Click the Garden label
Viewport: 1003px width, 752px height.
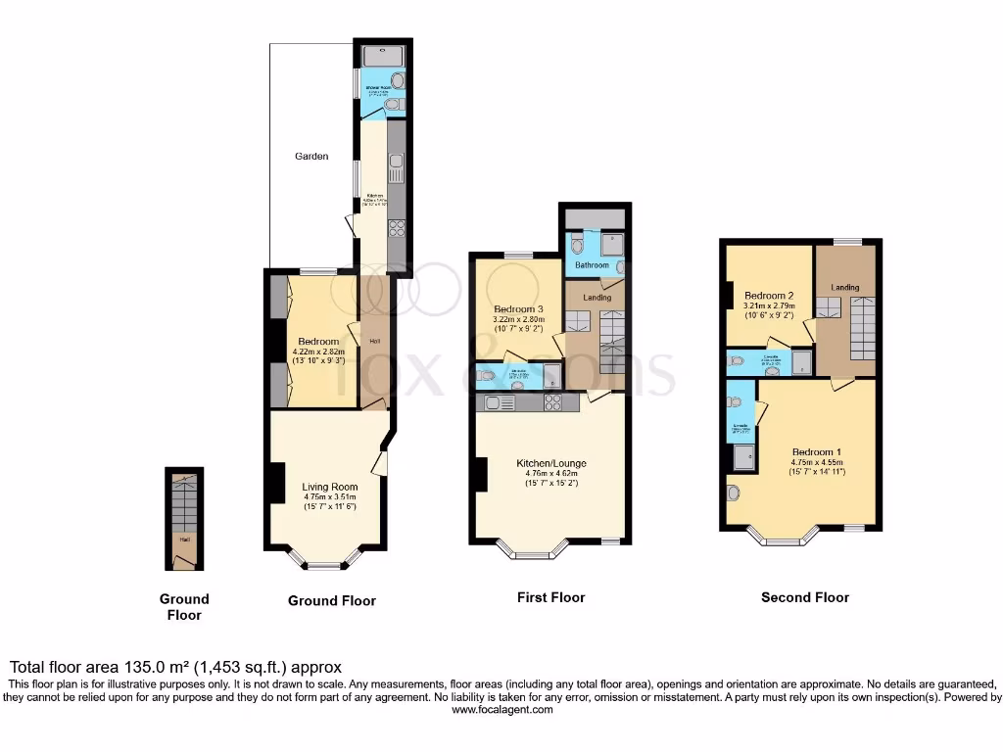tap(313, 156)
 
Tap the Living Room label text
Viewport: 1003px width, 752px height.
tap(329, 487)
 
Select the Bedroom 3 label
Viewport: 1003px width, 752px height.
tap(517, 308)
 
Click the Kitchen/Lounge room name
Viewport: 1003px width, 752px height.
tap(550, 463)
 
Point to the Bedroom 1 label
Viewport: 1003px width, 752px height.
tap(816, 451)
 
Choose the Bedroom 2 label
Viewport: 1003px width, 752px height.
tap(769, 296)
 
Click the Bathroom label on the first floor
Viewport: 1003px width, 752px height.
tap(592, 265)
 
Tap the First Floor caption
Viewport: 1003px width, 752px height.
tap(550, 597)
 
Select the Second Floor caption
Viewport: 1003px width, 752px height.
tap(805, 597)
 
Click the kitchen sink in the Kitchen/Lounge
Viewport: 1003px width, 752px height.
tap(493, 402)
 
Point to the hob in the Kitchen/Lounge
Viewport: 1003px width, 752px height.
tap(552, 402)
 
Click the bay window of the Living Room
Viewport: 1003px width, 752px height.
tap(323, 562)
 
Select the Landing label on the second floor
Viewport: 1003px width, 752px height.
tap(845, 287)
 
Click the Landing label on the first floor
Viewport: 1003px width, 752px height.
tap(597, 298)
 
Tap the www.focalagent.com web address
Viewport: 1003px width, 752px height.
tap(501, 710)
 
